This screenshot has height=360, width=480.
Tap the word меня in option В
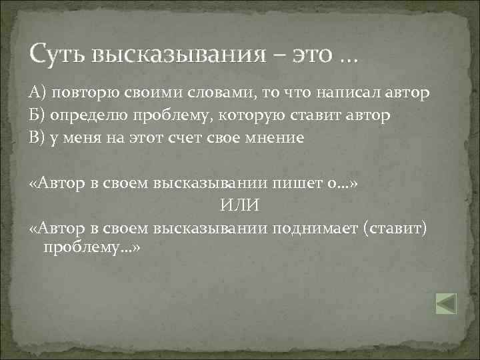coord(83,139)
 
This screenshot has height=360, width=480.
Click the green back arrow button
coord(446,303)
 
